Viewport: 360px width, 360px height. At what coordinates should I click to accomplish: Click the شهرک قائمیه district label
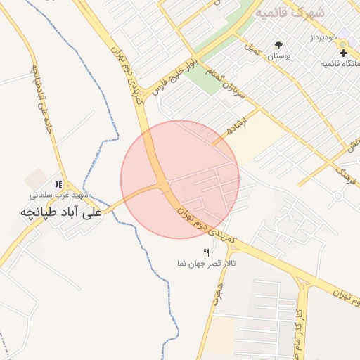click(x=290, y=13)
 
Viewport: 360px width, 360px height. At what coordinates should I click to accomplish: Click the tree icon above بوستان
click(x=280, y=44)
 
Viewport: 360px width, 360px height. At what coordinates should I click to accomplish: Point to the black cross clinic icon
click(x=343, y=53)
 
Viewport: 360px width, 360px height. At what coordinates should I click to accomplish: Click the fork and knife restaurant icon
click(x=206, y=252)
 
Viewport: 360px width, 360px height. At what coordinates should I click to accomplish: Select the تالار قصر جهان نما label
click(x=206, y=263)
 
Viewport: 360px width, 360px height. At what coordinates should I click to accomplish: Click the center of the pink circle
click(x=180, y=180)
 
